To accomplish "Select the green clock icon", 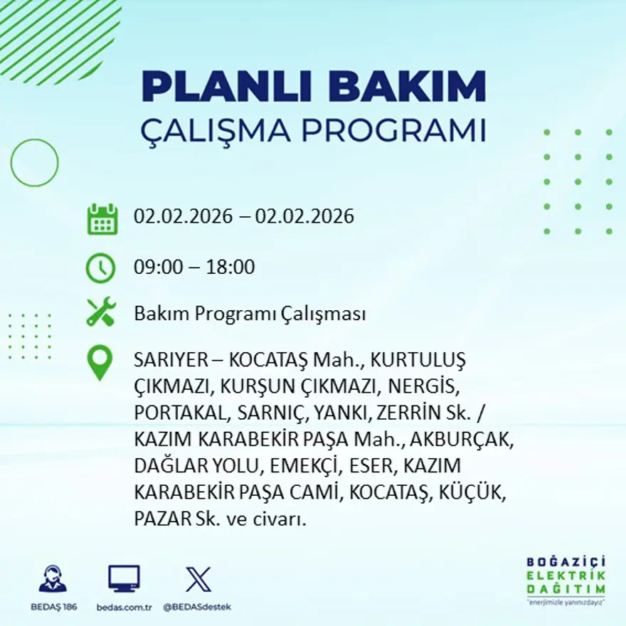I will pyautogui.click(x=100, y=268).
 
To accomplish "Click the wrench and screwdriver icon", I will pyautogui.click(x=100, y=313).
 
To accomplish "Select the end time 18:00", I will pyautogui.click(x=230, y=267).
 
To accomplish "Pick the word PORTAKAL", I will pyautogui.click(x=175, y=413).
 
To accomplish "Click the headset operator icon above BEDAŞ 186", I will pyautogui.click(x=53, y=579).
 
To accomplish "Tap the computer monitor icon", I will pyautogui.click(x=124, y=578).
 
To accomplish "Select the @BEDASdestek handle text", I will pyautogui.click(x=197, y=607).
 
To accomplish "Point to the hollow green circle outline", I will pyautogui.click(x=34, y=163).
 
